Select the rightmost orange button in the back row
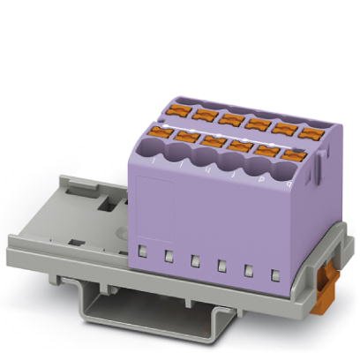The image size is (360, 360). [310, 132]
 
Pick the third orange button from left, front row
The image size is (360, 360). [213, 141]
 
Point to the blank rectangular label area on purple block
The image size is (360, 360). [156, 206]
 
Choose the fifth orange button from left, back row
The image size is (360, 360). [284, 128]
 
